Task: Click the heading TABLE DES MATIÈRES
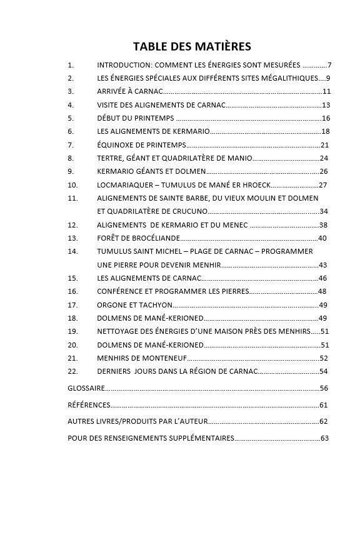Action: pos(192,46)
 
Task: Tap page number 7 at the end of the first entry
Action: pos(329,65)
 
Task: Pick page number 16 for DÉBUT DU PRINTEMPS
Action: pos(326,118)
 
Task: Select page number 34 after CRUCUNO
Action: pos(324,211)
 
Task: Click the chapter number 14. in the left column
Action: pos(72,251)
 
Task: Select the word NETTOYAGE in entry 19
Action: pos(118,331)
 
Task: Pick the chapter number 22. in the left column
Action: pos(72,371)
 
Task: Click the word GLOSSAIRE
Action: pos(86,388)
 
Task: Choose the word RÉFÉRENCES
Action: pos(89,405)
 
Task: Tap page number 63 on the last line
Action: pos(324,438)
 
